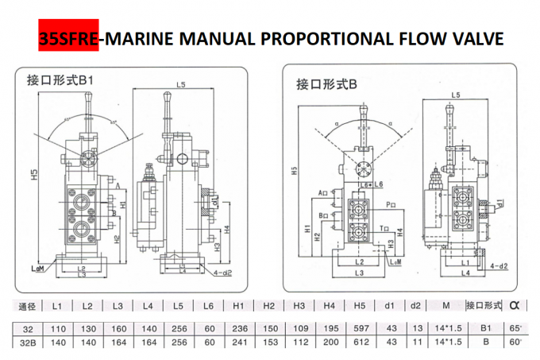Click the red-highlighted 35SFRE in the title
[66, 38]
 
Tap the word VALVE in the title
[475, 38]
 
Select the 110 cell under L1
[58, 327]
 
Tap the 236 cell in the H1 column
[237, 327]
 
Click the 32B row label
[28, 342]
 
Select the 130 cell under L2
[88, 327]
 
